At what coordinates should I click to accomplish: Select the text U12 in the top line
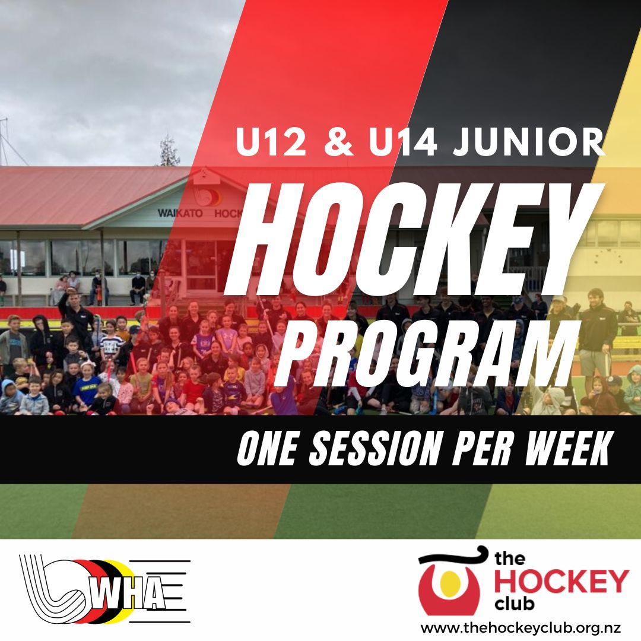click(271, 142)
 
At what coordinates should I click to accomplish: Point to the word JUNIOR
click(529, 142)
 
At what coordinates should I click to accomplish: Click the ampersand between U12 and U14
click(338, 142)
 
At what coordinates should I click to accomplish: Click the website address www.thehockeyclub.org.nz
click(521, 627)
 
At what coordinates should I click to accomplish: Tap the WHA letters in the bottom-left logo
click(128, 595)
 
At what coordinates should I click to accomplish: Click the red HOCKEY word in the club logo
click(561, 581)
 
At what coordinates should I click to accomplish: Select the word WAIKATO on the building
click(180, 214)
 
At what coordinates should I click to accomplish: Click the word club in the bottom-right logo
click(514, 604)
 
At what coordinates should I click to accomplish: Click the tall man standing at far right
click(598, 332)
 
